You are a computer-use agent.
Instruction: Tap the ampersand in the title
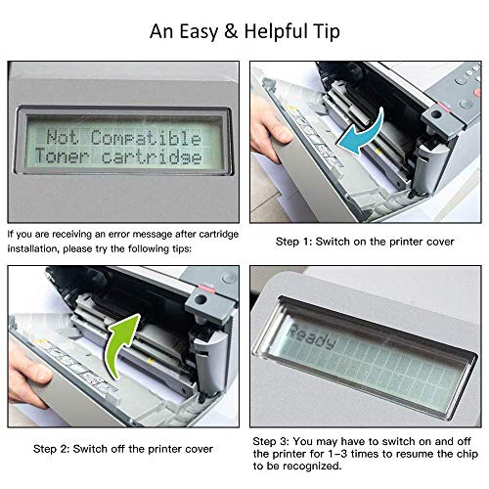click(231, 32)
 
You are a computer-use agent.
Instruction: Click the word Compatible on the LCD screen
click(146, 138)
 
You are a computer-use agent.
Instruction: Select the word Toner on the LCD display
click(62, 156)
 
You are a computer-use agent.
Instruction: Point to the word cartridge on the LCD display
click(152, 157)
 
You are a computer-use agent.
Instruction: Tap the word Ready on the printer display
click(311, 336)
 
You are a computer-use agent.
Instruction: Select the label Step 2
click(51, 449)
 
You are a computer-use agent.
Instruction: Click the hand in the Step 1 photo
click(268, 128)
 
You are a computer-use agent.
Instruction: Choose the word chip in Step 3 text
click(467, 454)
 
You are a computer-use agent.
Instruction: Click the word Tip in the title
click(327, 32)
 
